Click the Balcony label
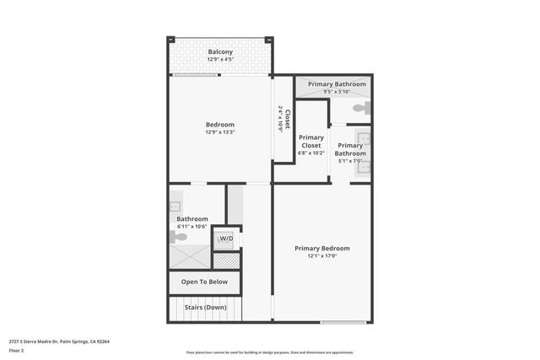tap(220, 52)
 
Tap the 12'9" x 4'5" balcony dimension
tap(220, 60)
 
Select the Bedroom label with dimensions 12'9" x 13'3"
tap(219, 125)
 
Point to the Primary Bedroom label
tap(321, 249)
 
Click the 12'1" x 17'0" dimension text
tap(321, 256)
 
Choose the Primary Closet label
tap(311, 142)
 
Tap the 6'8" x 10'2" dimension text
tap(311, 153)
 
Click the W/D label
tap(226, 239)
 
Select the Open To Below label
tap(204, 282)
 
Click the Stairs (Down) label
tap(204, 307)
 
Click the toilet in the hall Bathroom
tap(179, 236)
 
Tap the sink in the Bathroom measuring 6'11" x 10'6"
tap(175, 206)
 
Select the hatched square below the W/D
tap(226, 261)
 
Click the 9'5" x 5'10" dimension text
tap(337, 92)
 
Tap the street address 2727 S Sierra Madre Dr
tap(59, 341)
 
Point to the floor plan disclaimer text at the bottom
tap(269, 352)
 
